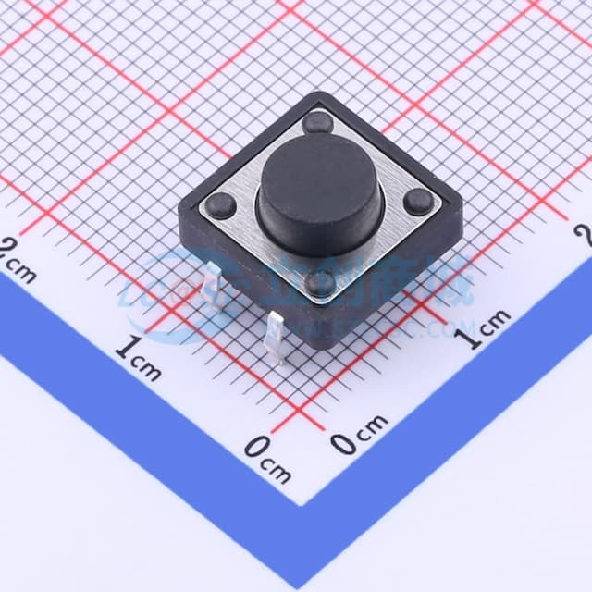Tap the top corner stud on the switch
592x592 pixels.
coord(317,121)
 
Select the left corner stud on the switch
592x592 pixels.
coord(220,206)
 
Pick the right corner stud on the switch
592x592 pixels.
coord(418,201)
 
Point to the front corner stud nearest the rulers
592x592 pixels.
coord(321,282)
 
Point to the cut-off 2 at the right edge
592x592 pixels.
coord(583,235)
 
